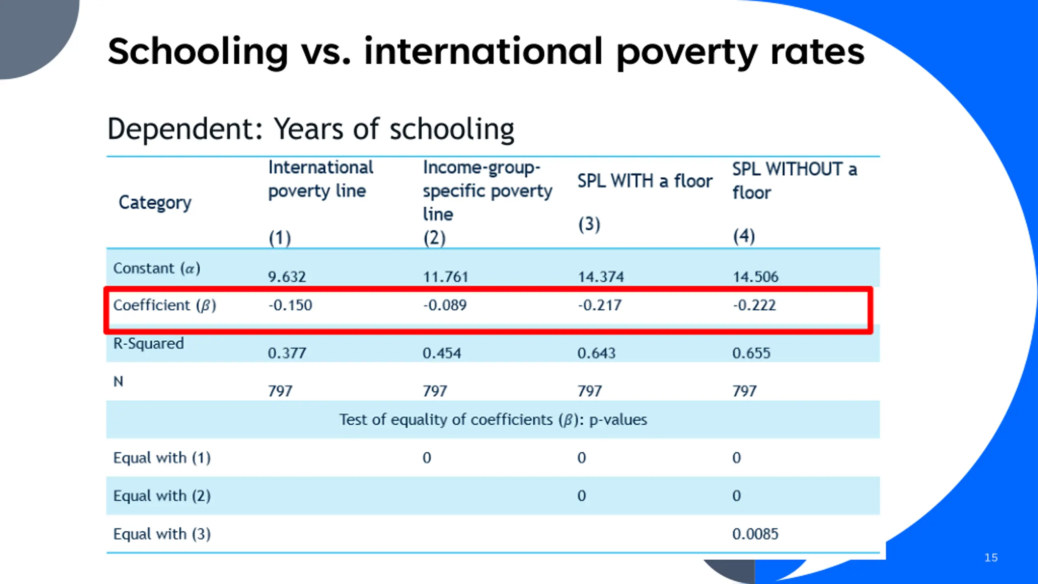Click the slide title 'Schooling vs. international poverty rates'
[486, 52]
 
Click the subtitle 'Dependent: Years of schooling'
[311, 129]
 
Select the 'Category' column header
[154, 202]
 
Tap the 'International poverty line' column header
[320, 179]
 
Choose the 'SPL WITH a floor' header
[645, 181]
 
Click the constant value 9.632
[287, 277]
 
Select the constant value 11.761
[445, 277]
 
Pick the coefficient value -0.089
[445, 305]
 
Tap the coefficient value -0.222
[754, 305]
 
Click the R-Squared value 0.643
[596, 353]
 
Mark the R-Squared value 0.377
[287, 353]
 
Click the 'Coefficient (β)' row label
[164, 305]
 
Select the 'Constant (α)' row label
[157, 268]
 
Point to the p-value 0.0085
[755, 534]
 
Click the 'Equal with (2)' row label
[162, 496]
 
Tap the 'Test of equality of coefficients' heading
[493, 420]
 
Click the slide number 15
[991, 558]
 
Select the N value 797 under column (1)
[280, 391]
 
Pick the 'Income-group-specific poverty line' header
[487, 191]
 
